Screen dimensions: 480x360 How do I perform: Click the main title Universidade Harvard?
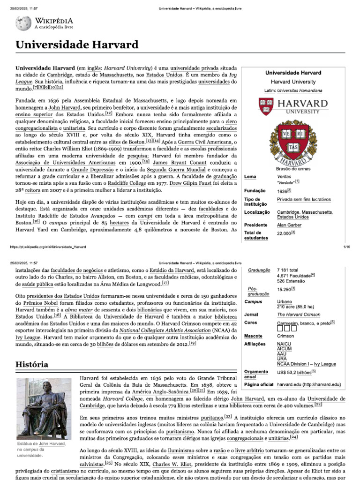[x=77, y=45]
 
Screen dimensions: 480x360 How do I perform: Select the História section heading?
[x=32, y=364]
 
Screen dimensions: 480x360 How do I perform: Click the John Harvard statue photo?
[x=40, y=408]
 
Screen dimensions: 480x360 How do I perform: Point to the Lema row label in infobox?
[x=250, y=177]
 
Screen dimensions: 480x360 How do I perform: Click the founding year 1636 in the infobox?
[x=282, y=191]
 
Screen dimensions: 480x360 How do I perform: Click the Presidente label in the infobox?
[x=256, y=225]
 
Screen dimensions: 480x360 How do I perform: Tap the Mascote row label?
[x=254, y=336]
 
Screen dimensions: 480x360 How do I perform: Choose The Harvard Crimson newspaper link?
[x=299, y=315]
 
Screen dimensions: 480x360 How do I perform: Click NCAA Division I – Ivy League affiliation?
[x=307, y=364]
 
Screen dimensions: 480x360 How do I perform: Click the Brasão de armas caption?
[x=293, y=169]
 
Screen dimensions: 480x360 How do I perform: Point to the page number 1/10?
[x=346, y=246]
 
